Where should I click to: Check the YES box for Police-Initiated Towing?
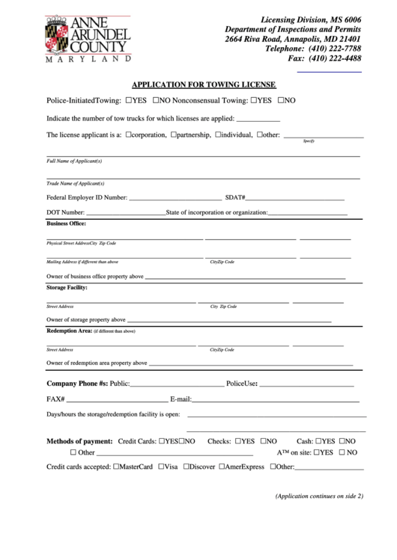[130, 99]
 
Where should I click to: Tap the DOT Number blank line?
[127, 215]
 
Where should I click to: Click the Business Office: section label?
[66, 224]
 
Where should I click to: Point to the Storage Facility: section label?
[67, 287]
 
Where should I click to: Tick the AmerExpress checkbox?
[222, 467]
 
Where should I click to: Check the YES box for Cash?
[318, 441]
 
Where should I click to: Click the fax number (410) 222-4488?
[335, 58]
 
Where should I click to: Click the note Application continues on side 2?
[318, 496]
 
